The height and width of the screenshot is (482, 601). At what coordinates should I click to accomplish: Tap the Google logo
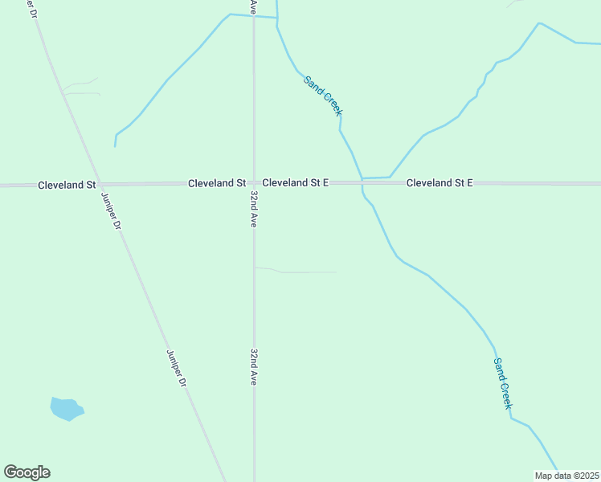[x=27, y=472]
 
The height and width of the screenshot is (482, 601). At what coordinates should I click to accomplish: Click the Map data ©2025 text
[x=567, y=476]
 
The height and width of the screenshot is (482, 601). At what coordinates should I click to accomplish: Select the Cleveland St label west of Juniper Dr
[x=67, y=185]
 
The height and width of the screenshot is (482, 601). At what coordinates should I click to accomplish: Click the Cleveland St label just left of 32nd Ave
[x=216, y=183]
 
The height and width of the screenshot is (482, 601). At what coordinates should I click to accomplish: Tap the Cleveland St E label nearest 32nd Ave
[x=295, y=183]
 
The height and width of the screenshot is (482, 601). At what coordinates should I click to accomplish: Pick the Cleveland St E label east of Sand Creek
[x=439, y=183]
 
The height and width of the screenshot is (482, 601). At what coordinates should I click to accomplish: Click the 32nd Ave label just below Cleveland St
[x=254, y=210]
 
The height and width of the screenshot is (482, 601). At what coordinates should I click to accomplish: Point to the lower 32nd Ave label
[x=254, y=367]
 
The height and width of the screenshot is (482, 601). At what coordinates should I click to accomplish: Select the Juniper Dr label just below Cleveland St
[x=111, y=211]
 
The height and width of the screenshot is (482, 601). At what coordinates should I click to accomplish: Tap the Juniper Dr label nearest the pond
[x=177, y=368]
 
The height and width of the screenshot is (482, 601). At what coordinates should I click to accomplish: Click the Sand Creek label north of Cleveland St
[x=323, y=96]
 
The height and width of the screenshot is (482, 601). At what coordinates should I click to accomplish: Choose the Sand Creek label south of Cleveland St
[x=502, y=383]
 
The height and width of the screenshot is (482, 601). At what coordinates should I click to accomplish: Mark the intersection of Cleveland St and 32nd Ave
[x=254, y=184]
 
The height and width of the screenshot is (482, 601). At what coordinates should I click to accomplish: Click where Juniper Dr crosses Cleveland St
[x=98, y=184]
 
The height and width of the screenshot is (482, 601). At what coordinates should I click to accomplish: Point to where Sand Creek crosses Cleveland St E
[x=362, y=183]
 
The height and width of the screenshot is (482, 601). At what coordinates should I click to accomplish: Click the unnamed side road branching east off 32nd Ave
[x=297, y=272]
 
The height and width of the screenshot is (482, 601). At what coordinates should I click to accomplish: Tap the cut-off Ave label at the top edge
[x=253, y=6]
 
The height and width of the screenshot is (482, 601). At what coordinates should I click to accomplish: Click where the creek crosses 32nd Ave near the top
[x=254, y=17]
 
